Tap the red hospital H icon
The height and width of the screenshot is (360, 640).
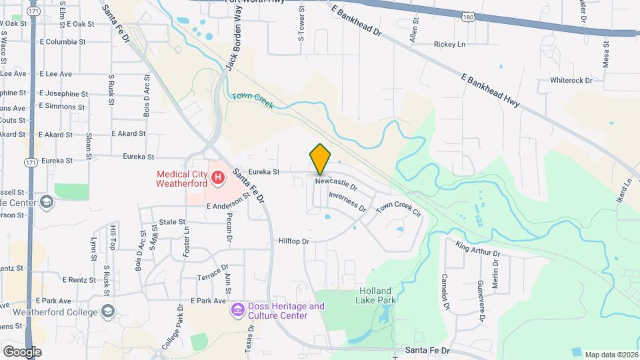point(217,178)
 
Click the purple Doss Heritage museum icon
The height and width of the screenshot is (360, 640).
point(237,311)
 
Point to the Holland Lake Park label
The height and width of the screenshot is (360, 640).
point(378,295)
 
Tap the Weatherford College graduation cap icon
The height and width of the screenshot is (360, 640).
point(107,311)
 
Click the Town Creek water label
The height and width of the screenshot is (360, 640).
point(253,101)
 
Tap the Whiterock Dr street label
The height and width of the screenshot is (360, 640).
point(571,81)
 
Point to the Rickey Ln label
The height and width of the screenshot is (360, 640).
point(449,45)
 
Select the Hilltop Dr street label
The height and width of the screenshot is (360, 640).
point(294,241)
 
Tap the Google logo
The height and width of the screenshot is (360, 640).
point(22,351)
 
